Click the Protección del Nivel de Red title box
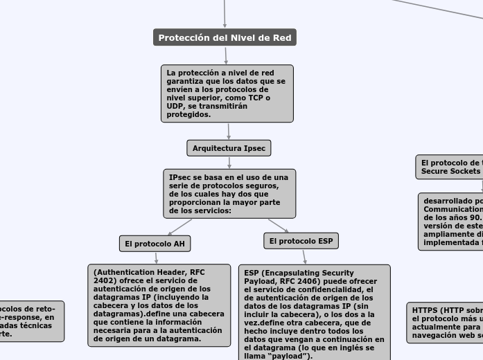coord(225,38)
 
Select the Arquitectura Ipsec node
coord(229,148)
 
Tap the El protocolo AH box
coord(155,244)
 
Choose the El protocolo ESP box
coord(301,241)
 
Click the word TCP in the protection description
coord(257,98)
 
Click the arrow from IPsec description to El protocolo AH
coord(179,227)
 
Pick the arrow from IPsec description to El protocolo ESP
coord(279,226)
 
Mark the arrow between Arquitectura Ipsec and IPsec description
coord(229,163)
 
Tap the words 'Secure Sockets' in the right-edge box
coord(450,170)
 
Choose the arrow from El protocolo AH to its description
coord(157,258)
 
